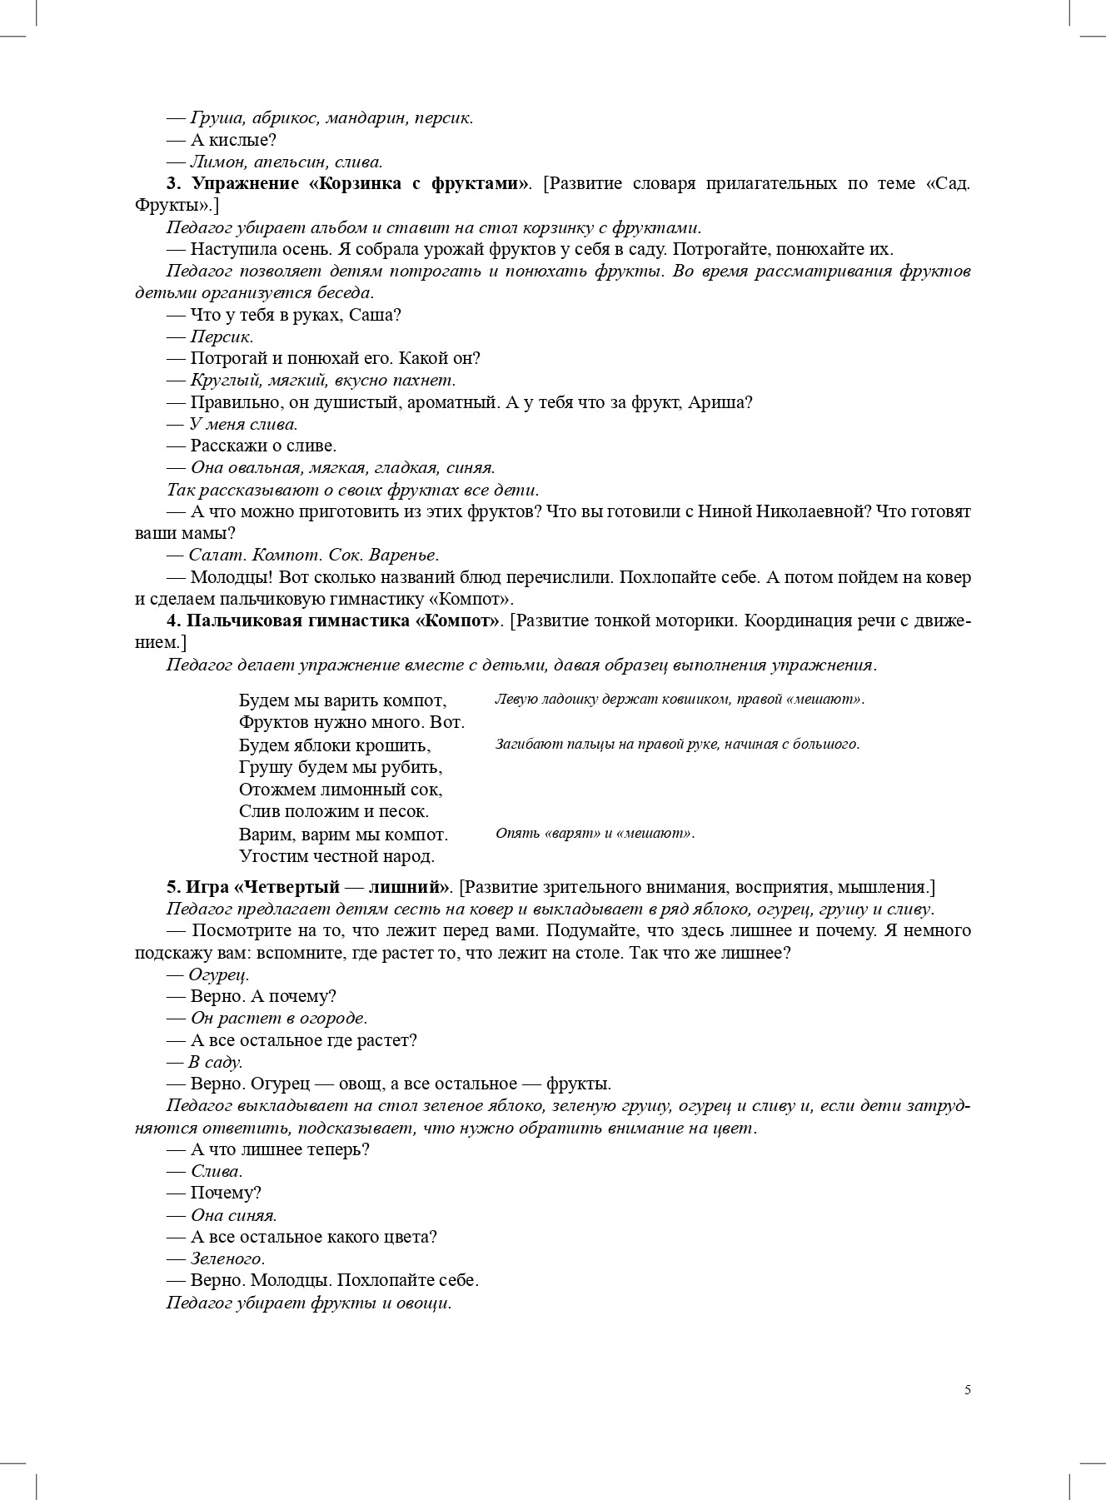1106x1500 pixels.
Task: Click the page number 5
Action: (967, 1389)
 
